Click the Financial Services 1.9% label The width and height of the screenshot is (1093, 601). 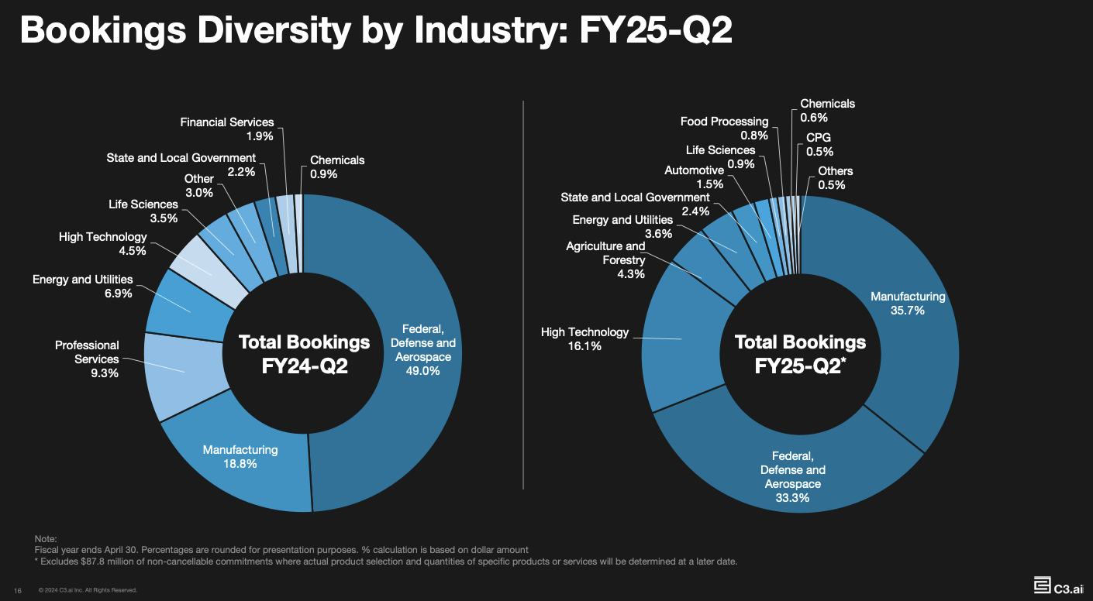226,129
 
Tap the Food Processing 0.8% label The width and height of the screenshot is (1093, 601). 724,129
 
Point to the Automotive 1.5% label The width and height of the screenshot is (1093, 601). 694,177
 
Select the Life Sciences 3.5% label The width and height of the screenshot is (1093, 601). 143,211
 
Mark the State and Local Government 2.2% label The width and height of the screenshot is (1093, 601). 181,165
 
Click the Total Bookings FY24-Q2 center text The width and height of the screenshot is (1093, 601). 304,354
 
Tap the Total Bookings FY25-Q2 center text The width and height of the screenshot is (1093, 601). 800,354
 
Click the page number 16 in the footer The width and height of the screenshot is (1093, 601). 17,590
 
